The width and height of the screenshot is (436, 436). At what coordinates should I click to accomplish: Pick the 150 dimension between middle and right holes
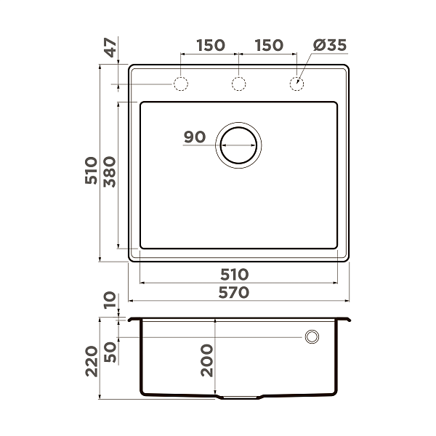tap(268, 45)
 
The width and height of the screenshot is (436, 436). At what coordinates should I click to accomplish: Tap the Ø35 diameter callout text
tap(329, 45)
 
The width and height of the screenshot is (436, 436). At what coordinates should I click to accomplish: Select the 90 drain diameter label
tap(195, 137)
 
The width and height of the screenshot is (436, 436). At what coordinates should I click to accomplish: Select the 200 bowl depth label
tap(206, 360)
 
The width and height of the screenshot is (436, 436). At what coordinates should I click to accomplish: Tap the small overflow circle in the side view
tap(312, 336)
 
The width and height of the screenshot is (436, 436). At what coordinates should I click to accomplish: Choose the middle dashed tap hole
tap(238, 84)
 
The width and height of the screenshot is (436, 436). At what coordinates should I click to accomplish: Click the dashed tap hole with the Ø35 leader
tap(296, 84)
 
